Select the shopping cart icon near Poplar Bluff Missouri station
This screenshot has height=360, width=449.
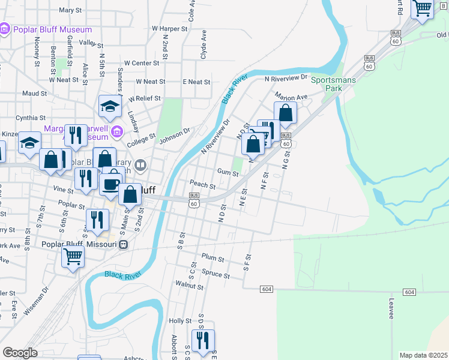73,257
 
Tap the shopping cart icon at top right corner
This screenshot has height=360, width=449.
423,8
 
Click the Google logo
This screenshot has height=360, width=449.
20,352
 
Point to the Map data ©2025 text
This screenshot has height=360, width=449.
423,355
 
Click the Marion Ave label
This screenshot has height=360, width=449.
291,96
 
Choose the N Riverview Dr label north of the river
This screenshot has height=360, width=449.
286,78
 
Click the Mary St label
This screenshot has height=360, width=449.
70,10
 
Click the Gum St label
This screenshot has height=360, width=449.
228,173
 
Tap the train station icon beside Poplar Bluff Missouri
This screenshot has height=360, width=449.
123,244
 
